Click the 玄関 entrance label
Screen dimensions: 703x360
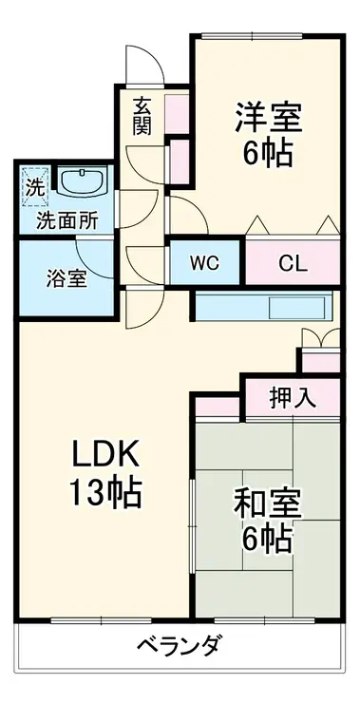[142, 117]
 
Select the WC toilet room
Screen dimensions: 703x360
[207, 263]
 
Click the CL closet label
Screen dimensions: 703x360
[292, 263]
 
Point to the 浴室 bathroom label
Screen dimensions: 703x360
[67, 280]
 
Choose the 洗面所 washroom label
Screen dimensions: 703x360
[66, 220]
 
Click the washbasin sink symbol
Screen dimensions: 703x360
[85, 181]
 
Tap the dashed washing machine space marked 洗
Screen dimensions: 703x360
[35, 187]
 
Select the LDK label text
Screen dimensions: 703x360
[104, 456]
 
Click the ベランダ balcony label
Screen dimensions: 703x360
[180, 648]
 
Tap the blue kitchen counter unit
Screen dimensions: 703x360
[261, 308]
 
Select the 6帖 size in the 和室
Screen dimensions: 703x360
[265, 539]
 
